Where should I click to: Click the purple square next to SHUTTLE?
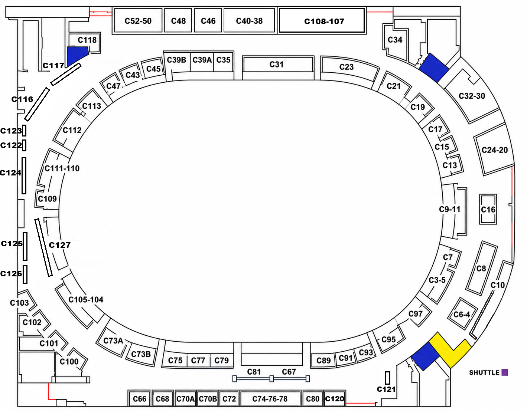(505, 372)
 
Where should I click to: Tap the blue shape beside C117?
(77, 56)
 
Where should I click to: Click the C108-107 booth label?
(324, 21)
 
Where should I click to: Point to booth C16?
(488, 209)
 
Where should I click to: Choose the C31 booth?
(278, 65)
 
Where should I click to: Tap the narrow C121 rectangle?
(388, 378)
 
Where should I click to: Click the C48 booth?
(178, 20)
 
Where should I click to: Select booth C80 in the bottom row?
(313, 399)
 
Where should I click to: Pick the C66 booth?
(139, 399)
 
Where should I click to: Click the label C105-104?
(86, 300)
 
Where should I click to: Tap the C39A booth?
(202, 61)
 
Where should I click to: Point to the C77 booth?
(198, 360)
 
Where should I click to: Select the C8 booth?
(481, 268)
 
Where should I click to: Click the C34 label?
(395, 40)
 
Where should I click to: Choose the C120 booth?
(335, 399)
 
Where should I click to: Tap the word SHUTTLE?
(484, 372)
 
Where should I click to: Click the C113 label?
(91, 106)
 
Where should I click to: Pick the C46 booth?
(208, 20)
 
